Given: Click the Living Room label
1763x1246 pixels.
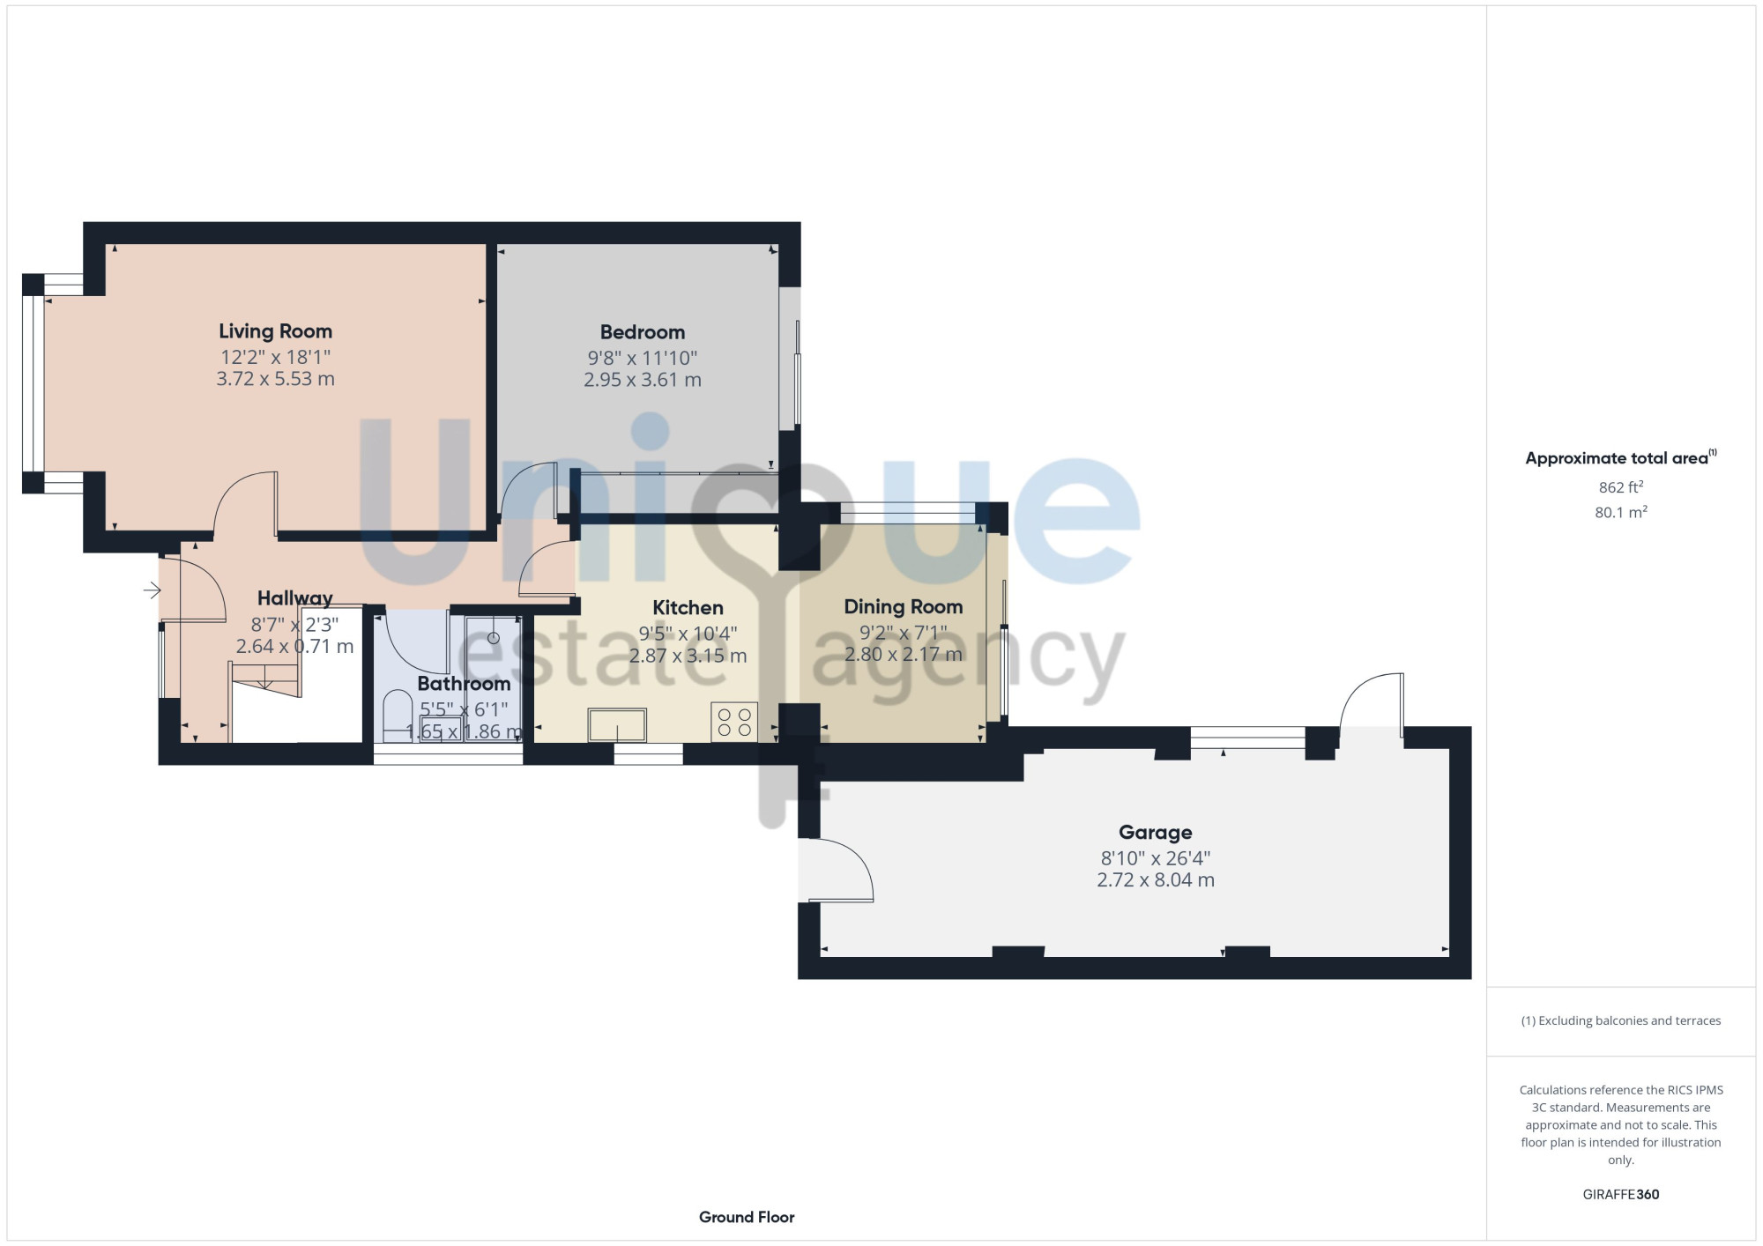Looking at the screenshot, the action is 275,331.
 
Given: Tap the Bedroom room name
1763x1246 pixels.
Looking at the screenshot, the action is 643,332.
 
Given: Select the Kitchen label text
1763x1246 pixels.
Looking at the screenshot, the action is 688,608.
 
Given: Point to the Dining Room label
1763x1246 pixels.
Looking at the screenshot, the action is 904,607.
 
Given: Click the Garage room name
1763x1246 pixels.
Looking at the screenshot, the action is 1156,833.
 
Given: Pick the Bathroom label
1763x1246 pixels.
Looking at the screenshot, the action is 464,684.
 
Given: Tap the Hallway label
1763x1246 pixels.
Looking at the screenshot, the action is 295,599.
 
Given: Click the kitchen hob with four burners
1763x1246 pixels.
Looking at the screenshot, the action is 734,722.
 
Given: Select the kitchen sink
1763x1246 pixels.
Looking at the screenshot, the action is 617,725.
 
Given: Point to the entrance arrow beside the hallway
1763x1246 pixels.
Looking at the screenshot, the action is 152,590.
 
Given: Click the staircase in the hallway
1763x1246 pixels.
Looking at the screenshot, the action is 265,679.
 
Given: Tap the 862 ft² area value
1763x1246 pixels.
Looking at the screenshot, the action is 1621,487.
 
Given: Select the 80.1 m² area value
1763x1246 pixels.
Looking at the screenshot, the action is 1621,512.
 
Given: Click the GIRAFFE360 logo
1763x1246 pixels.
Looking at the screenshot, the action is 1621,1195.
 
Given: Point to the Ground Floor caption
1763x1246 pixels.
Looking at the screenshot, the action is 747,1217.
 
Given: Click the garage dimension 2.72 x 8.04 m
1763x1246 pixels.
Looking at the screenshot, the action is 1156,880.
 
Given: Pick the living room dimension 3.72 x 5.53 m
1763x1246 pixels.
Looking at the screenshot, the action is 275,379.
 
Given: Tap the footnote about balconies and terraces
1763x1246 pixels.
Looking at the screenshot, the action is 1621,1021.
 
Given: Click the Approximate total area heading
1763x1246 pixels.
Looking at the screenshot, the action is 1620,458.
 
